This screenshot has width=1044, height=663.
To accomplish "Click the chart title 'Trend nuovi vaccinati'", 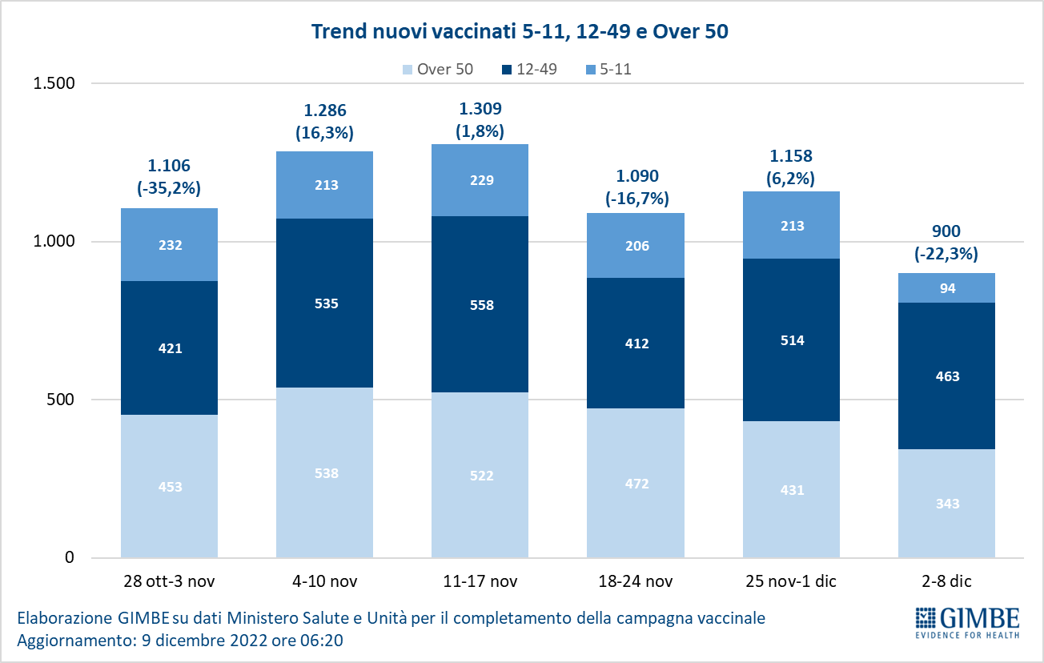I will [520, 32].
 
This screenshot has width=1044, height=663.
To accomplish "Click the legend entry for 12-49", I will [531, 69].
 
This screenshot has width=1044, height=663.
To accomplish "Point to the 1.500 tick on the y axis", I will [53, 83].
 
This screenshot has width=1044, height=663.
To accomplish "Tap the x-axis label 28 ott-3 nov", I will [169, 581].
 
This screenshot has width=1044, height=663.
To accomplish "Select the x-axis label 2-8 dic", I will [946, 581].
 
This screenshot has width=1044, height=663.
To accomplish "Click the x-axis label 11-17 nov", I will [480, 581].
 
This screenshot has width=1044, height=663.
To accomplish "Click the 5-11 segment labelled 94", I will [946, 288].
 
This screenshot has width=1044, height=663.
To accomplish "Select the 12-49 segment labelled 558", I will [480, 304].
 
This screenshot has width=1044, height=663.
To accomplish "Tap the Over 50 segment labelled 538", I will [324, 472].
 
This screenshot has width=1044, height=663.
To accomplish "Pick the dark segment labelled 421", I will [169, 348].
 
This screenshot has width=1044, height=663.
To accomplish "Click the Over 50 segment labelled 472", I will [635, 483].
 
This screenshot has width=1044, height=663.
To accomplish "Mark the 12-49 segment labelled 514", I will [791, 340].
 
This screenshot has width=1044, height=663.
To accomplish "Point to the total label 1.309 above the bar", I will [480, 108].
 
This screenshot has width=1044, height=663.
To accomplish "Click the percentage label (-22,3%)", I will [946, 254].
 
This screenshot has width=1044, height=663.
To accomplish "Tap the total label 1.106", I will [169, 166].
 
